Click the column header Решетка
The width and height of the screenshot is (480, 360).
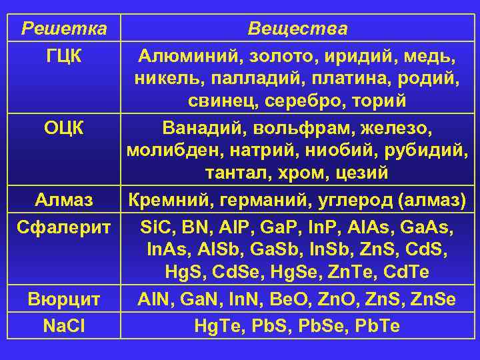pyautogui.click(x=64, y=29)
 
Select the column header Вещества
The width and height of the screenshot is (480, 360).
pyautogui.click(x=297, y=29)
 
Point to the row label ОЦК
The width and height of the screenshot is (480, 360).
pyautogui.click(x=64, y=126)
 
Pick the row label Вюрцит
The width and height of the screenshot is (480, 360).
pyautogui.click(x=64, y=299)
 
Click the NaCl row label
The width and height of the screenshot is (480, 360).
pyautogui.click(x=64, y=324)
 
